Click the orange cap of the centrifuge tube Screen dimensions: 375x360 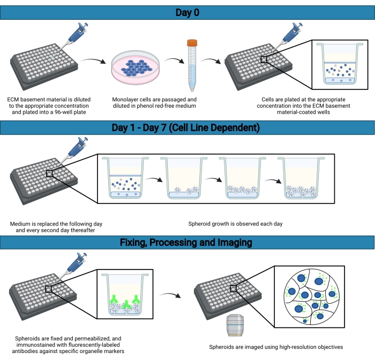tap(192, 43)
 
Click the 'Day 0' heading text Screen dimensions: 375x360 tap(187, 12)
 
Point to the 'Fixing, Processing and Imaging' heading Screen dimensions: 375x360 tap(186, 242)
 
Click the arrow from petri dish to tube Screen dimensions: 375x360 tap(174, 60)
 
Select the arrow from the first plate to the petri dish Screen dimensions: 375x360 tap(93, 61)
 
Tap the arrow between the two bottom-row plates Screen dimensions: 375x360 tap(170, 295)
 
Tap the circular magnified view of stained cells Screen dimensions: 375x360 tap(311, 297)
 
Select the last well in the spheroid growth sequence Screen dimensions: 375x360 tap(301, 178)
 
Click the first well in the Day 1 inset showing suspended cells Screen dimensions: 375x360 tap(125, 178)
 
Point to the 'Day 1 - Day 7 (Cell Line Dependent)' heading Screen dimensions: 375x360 tap(186, 127)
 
